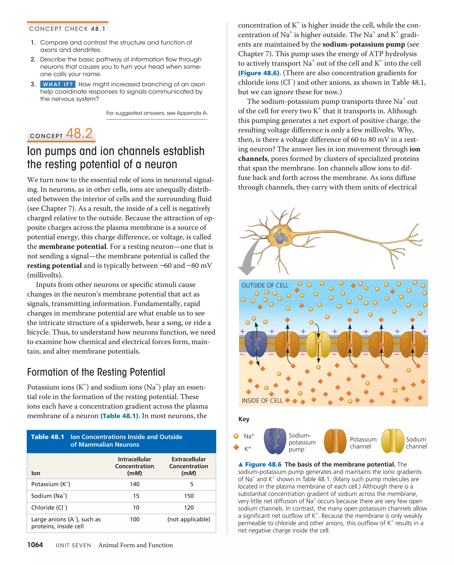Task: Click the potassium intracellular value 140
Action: click(x=135, y=484)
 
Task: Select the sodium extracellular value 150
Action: click(x=189, y=496)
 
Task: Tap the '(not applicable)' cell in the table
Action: click(x=189, y=519)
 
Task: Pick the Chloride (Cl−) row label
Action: click(x=49, y=508)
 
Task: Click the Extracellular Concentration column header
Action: click(x=188, y=466)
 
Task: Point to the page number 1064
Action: click(x=35, y=545)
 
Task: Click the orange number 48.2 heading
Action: click(x=79, y=134)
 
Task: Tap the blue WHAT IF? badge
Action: click(x=58, y=84)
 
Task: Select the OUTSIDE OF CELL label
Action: click(x=265, y=285)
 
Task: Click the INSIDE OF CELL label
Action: click(x=262, y=401)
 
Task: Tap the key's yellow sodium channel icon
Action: click(x=392, y=441)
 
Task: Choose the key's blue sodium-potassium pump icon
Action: click(x=275, y=441)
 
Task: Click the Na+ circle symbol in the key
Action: click(x=236, y=436)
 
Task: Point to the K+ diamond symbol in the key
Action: click(x=236, y=447)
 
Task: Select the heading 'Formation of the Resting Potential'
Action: click(x=96, y=372)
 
